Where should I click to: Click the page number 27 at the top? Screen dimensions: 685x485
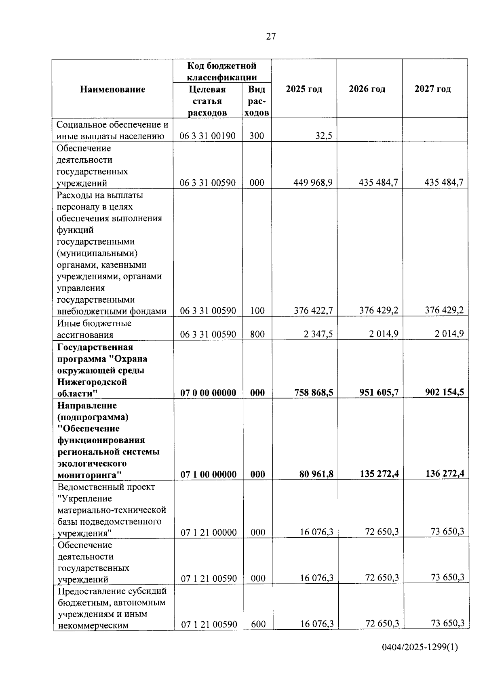pyautogui.click(x=271, y=37)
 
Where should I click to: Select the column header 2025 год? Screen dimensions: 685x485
pyautogui.click(x=304, y=89)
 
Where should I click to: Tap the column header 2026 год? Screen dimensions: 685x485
pyautogui.click(x=367, y=89)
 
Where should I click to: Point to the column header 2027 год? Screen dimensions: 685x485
pyautogui.click(x=432, y=89)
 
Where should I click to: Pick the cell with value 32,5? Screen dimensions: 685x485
pyautogui.click(x=324, y=136)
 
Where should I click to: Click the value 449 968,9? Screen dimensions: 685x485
pyautogui.click(x=313, y=183)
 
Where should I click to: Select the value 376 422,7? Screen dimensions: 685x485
pyautogui.click(x=313, y=310)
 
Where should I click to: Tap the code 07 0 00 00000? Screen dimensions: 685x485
pyautogui.click(x=208, y=393)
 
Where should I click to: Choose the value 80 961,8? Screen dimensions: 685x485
pyautogui.click(x=316, y=474)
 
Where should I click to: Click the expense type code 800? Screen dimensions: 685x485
pyautogui.click(x=257, y=334)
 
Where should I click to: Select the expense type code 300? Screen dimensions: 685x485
pyautogui.click(x=257, y=136)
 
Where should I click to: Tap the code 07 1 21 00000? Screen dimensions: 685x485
pyautogui.click(x=209, y=532)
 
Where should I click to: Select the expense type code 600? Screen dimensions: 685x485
pyautogui.click(x=258, y=624)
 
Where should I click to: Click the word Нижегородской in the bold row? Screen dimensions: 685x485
pyautogui.click(x=92, y=382)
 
